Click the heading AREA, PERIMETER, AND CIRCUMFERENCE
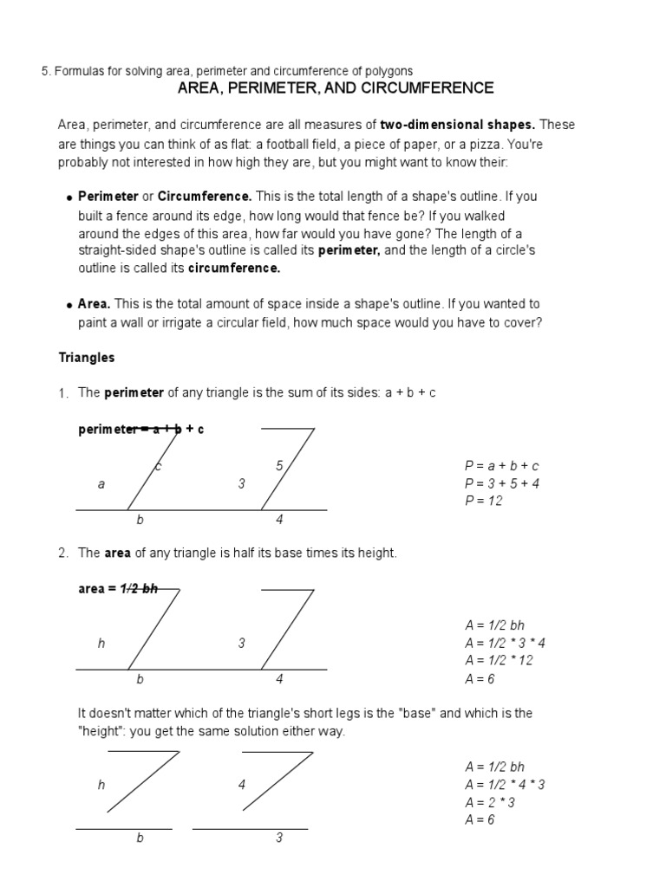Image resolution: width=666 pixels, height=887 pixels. point(336,88)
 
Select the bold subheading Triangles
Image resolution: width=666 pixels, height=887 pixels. point(87,357)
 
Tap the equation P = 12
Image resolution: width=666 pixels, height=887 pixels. point(484,501)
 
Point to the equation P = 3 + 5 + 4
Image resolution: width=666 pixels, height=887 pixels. point(502,483)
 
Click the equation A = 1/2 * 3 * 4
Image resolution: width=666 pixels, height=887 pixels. point(505,643)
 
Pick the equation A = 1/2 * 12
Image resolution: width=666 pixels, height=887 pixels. point(499,660)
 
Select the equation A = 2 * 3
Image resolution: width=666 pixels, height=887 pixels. point(491,802)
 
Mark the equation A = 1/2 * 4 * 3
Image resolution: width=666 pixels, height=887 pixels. point(505,785)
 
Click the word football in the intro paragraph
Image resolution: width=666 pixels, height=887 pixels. point(285,144)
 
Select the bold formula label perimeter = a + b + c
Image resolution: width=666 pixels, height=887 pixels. point(141,429)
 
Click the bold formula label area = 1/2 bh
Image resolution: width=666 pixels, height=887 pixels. point(118,588)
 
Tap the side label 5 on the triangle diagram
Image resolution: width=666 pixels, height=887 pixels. point(279,466)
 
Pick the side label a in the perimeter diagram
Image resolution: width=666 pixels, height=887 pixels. point(101,484)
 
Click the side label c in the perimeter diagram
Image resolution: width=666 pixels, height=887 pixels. point(159,467)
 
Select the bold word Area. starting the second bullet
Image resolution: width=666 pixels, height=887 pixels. point(95,304)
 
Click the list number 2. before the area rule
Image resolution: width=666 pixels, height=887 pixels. point(63,554)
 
